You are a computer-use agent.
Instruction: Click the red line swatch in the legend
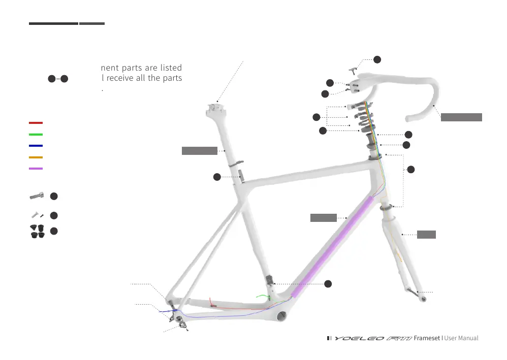(x=36, y=123)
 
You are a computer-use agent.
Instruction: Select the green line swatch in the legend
(x=36, y=135)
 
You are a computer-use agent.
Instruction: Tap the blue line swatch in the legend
(x=36, y=146)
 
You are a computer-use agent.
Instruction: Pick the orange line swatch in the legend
(x=36, y=157)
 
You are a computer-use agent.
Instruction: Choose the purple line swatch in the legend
(x=36, y=169)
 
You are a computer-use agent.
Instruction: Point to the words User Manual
(x=461, y=338)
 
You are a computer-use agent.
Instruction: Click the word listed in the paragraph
(x=169, y=68)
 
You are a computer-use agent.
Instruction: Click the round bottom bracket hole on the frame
(x=280, y=316)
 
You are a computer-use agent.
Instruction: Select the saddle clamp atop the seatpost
(x=215, y=107)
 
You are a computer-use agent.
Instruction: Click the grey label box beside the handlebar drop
(x=461, y=117)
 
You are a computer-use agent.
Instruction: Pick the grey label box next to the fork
(x=426, y=235)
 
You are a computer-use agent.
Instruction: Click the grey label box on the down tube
(x=324, y=218)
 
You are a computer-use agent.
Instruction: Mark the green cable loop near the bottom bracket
(x=264, y=295)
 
